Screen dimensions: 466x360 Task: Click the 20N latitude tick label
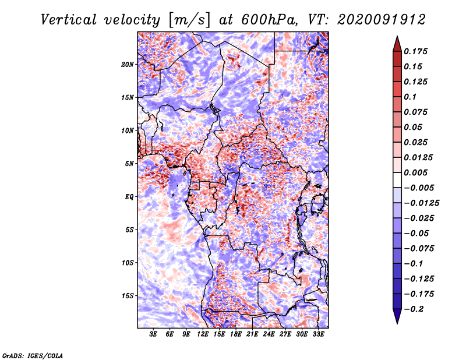click(x=128, y=65)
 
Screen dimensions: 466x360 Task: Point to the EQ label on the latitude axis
click(x=129, y=197)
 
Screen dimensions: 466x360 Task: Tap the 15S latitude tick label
click(x=128, y=296)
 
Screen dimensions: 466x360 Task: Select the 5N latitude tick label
click(x=129, y=164)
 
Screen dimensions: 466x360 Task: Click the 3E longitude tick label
click(x=153, y=334)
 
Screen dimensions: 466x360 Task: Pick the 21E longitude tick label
click(x=252, y=334)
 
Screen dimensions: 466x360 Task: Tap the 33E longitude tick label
click(x=318, y=334)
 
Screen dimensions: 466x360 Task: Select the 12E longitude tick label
click(x=203, y=334)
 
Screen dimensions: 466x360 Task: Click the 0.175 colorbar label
click(x=415, y=51)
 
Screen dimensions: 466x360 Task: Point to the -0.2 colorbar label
click(x=414, y=309)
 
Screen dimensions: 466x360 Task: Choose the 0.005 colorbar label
click(x=415, y=172)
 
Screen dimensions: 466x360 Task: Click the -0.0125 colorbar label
click(x=421, y=203)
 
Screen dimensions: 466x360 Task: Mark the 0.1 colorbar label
click(x=410, y=97)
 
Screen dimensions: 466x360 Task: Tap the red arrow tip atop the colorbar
click(x=397, y=36)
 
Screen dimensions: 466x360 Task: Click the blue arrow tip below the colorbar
click(x=397, y=323)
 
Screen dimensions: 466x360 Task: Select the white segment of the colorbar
click(x=397, y=180)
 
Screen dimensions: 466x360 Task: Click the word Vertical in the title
click(x=69, y=20)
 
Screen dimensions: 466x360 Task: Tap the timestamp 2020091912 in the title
click(x=382, y=20)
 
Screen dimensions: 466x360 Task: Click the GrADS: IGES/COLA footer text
click(x=33, y=356)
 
